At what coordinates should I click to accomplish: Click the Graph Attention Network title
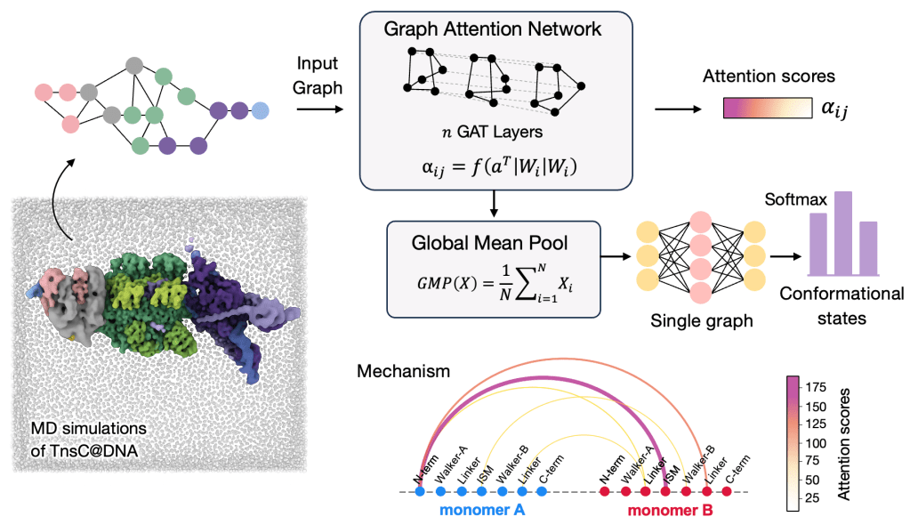click(x=492, y=28)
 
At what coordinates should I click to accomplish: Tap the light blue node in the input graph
click(x=261, y=111)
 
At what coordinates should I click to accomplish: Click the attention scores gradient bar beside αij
click(x=768, y=109)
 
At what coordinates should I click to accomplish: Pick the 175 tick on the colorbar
click(x=814, y=386)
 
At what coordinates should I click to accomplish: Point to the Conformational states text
click(x=842, y=305)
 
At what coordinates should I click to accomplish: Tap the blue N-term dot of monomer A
click(x=420, y=491)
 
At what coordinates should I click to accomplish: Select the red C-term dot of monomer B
click(x=727, y=491)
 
